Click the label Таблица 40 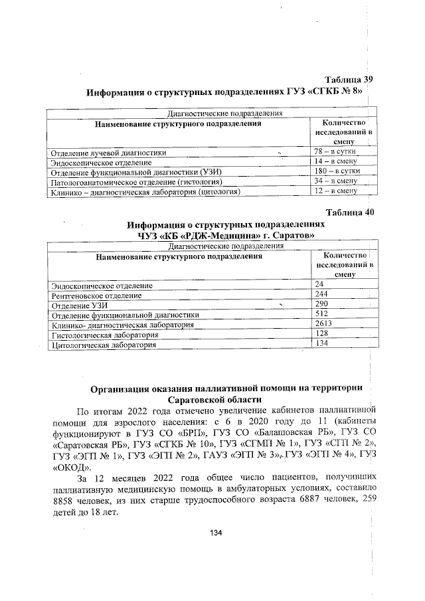coord(347,212)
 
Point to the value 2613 coord(323,323)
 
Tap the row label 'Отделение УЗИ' coord(80,305)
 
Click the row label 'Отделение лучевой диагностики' coord(109,153)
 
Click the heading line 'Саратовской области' coord(215,400)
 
